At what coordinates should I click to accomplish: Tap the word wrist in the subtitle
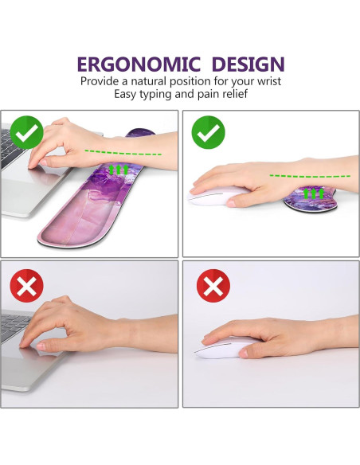tap(265, 81)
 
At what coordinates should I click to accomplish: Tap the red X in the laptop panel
tap(26, 285)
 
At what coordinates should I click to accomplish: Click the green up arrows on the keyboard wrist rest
tap(118, 170)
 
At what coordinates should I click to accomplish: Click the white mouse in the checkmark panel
tap(215, 197)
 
